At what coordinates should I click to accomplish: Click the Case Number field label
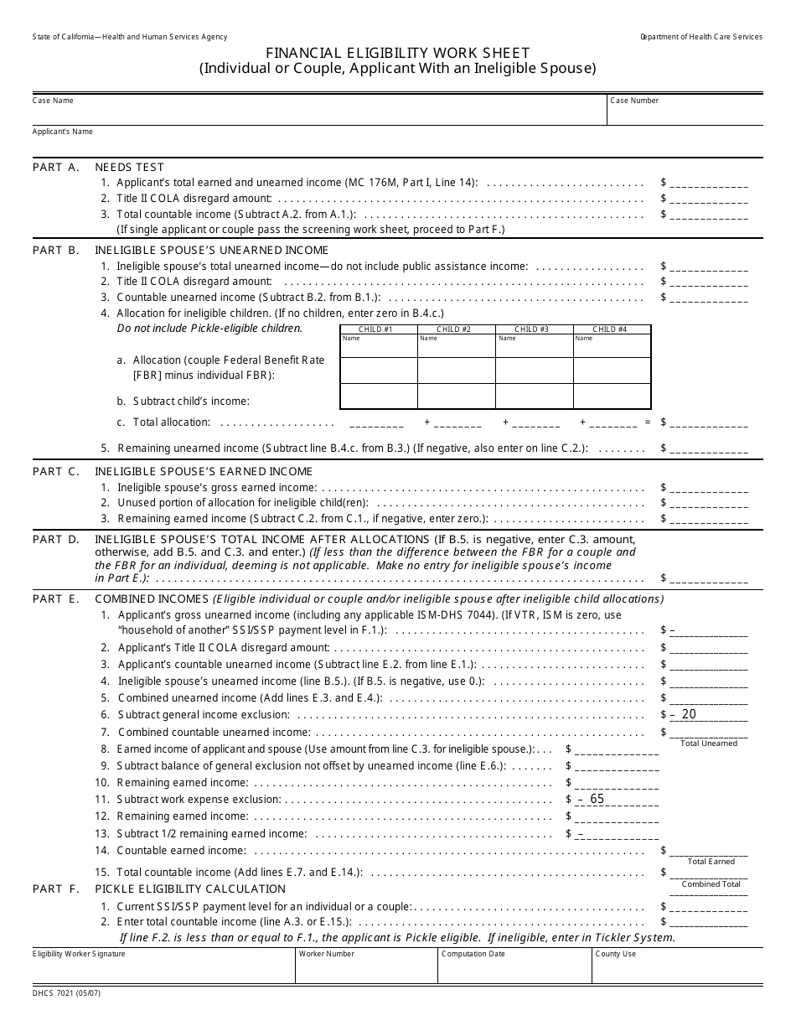(634, 101)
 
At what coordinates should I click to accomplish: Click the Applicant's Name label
(62, 132)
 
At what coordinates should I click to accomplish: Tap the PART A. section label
(56, 167)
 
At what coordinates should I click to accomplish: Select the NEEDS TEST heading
(129, 167)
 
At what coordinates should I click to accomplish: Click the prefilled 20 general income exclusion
(688, 714)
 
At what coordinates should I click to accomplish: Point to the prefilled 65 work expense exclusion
(596, 799)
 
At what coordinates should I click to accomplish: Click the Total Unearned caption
(709, 743)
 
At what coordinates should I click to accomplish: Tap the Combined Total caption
(711, 884)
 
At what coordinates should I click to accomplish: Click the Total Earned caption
(711, 862)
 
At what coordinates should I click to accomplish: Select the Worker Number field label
(326, 954)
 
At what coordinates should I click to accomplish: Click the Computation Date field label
(473, 954)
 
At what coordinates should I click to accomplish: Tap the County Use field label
(616, 954)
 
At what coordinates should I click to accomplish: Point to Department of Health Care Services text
(700, 37)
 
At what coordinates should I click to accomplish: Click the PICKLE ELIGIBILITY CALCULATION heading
(190, 889)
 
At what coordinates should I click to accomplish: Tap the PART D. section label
(56, 539)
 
